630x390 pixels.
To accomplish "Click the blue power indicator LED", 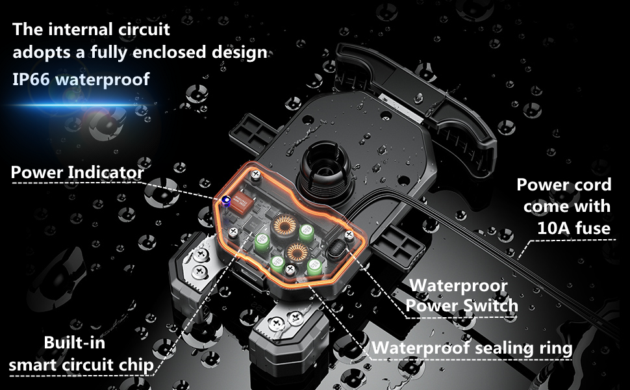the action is click(226, 201).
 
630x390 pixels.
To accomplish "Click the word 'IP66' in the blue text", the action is click(31, 79).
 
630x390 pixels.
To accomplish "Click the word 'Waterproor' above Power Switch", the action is click(459, 286).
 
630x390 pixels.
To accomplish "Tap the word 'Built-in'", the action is click(74, 343).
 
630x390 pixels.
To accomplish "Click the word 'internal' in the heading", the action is click(84, 30).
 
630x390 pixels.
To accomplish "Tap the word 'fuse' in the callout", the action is click(592, 228).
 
